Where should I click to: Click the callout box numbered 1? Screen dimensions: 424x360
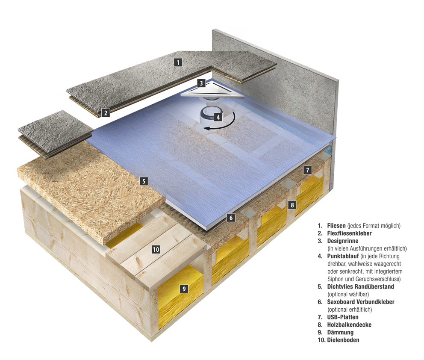(x=178, y=62)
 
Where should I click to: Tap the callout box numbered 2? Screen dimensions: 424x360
(x=106, y=112)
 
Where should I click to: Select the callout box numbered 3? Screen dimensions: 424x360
(x=201, y=83)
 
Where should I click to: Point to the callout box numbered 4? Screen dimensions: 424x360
(x=218, y=117)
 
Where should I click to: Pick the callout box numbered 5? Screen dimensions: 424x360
(x=144, y=181)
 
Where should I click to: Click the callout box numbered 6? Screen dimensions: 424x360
(x=231, y=218)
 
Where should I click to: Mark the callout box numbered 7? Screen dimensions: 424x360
(x=307, y=170)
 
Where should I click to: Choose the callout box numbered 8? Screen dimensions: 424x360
(x=292, y=205)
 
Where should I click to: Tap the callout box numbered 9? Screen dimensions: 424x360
(x=184, y=289)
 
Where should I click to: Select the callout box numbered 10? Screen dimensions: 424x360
(x=156, y=249)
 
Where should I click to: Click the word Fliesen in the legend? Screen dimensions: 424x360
(x=336, y=226)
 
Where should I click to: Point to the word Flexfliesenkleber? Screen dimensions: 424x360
(x=349, y=233)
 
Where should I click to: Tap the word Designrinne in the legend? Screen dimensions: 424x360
(x=343, y=241)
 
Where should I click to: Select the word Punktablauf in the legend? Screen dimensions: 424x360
(x=343, y=256)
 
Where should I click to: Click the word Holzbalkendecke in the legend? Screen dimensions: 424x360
(x=349, y=325)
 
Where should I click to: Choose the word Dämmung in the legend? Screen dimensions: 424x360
(x=340, y=332)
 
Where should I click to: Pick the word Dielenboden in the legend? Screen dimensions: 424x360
(x=343, y=340)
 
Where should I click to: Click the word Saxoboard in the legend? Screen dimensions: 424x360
(x=341, y=302)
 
